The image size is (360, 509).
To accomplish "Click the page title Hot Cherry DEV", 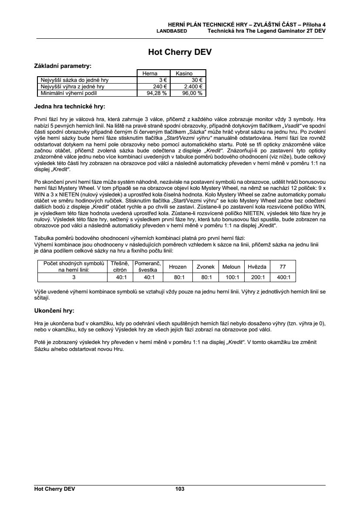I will click(180, 53).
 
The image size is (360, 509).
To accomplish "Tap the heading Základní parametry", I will click(63, 66).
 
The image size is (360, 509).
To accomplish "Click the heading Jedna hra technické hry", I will click(69, 106).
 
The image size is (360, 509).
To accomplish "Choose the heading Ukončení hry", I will click(54, 311).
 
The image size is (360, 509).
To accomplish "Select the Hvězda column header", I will click(257, 266).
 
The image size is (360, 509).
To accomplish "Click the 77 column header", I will click(283, 266).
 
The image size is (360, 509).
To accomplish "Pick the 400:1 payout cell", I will click(283, 277).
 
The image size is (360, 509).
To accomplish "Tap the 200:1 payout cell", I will click(257, 277).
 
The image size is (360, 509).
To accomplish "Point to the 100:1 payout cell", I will click(231, 277).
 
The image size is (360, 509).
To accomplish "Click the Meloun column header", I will click(231, 266).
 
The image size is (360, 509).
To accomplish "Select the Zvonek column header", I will click(205, 266).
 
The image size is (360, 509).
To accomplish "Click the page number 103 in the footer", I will click(180, 489).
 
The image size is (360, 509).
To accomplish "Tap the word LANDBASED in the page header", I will click(172, 31).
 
